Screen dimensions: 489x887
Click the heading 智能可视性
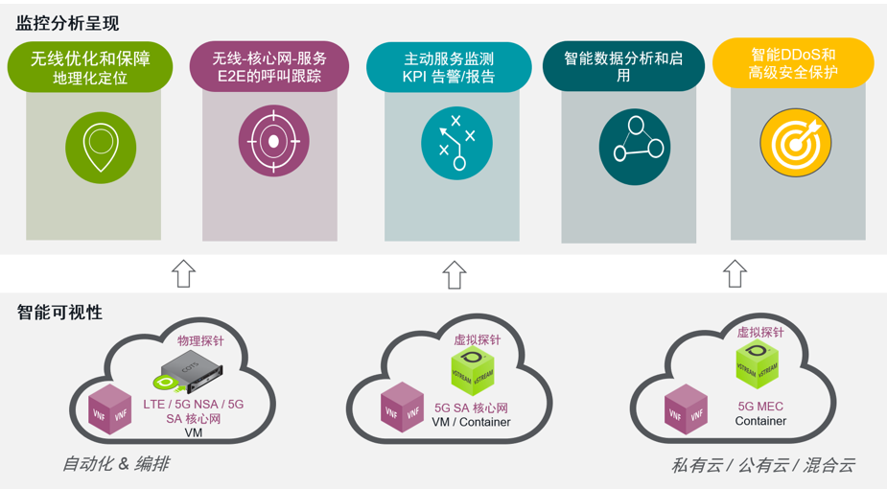(59, 313)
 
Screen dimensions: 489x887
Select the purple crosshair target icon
(274, 141)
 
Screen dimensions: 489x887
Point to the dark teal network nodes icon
(634, 146)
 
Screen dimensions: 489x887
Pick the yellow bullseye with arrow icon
(796, 141)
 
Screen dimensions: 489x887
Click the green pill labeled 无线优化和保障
(90, 68)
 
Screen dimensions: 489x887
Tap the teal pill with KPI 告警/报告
(449, 67)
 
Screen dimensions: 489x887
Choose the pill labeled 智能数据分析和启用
(623, 67)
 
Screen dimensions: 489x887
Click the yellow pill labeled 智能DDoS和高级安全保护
(793, 62)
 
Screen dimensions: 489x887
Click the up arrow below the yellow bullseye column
(735, 273)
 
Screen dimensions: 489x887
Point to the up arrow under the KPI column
(454, 275)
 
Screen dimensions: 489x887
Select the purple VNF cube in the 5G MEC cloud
(686, 408)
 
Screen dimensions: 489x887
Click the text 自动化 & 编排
(115, 464)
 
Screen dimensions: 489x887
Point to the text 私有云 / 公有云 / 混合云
(762, 465)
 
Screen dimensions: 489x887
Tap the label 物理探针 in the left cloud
(200, 340)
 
